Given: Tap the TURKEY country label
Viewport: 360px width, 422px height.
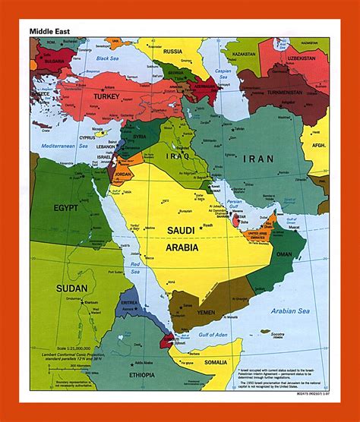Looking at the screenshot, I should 108,96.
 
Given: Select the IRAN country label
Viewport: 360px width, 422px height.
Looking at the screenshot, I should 260,159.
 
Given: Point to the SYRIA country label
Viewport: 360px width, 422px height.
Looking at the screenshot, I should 139,137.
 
